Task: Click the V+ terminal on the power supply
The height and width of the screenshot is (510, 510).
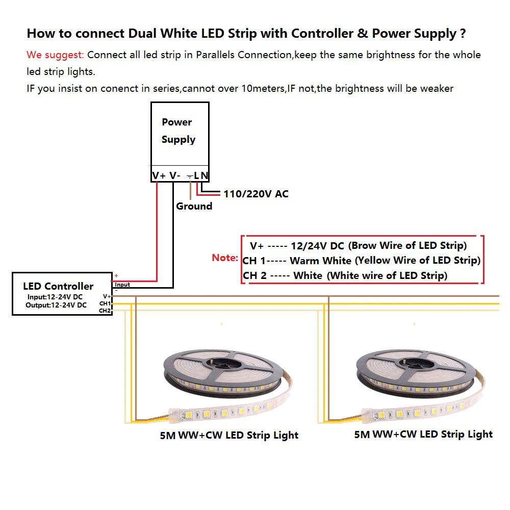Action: coord(159,175)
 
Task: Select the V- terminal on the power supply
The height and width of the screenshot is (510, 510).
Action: coord(175,175)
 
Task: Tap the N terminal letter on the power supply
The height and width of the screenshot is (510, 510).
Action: coord(205,175)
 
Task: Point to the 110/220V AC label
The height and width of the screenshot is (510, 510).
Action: coord(256,194)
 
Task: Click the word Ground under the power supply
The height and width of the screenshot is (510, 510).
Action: coord(194,206)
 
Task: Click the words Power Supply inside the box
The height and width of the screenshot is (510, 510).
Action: coord(178,131)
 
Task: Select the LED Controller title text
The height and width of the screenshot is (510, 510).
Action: coord(58,286)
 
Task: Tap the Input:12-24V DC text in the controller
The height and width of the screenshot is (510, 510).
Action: coord(55,297)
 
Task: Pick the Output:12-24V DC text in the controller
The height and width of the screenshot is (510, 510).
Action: coord(56,305)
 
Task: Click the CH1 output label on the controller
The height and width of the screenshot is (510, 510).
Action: coord(105,303)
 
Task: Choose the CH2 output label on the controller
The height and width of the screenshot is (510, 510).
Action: coord(105,310)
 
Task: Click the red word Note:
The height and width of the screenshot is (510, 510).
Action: coord(225,258)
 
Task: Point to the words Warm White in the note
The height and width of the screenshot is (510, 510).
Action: coord(320,261)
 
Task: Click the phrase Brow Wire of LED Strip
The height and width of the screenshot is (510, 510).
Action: coord(408,246)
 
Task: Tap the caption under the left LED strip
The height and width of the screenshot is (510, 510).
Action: coord(229,436)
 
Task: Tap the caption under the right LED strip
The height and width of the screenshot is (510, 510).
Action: coord(423,435)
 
